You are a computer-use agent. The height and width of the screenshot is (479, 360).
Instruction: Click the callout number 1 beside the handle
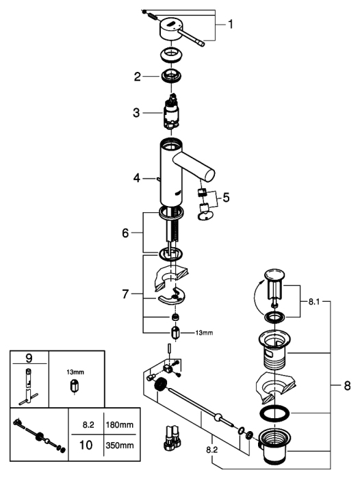point(231,24)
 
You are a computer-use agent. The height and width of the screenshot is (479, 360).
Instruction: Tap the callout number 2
point(137,77)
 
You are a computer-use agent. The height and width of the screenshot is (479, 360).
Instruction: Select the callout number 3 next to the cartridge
point(136,113)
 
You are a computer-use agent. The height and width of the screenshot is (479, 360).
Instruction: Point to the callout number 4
point(137,178)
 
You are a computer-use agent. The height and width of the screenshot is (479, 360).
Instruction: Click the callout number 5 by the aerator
point(226,198)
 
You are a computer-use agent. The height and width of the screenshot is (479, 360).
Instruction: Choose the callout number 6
point(126,233)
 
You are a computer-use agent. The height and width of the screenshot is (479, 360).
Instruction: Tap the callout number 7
point(125,294)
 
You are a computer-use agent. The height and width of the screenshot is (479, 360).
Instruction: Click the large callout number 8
point(347,386)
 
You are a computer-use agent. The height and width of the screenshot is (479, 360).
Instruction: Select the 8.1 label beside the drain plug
point(314,302)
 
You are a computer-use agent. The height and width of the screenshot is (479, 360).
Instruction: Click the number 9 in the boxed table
point(29,358)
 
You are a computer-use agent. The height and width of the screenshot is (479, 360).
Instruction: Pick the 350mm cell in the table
point(120,445)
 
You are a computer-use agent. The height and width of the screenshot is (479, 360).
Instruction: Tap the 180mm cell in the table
point(120,424)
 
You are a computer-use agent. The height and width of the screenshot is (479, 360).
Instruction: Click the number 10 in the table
point(86,445)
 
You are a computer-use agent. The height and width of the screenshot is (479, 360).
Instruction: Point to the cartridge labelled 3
point(171,114)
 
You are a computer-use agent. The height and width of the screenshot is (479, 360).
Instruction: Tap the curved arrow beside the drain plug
point(258,297)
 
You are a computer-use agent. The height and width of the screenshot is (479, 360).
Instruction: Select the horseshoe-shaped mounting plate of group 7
point(172,296)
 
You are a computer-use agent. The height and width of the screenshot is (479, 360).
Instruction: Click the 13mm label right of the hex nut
point(204,333)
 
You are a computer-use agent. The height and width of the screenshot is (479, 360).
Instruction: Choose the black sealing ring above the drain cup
point(274,413)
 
